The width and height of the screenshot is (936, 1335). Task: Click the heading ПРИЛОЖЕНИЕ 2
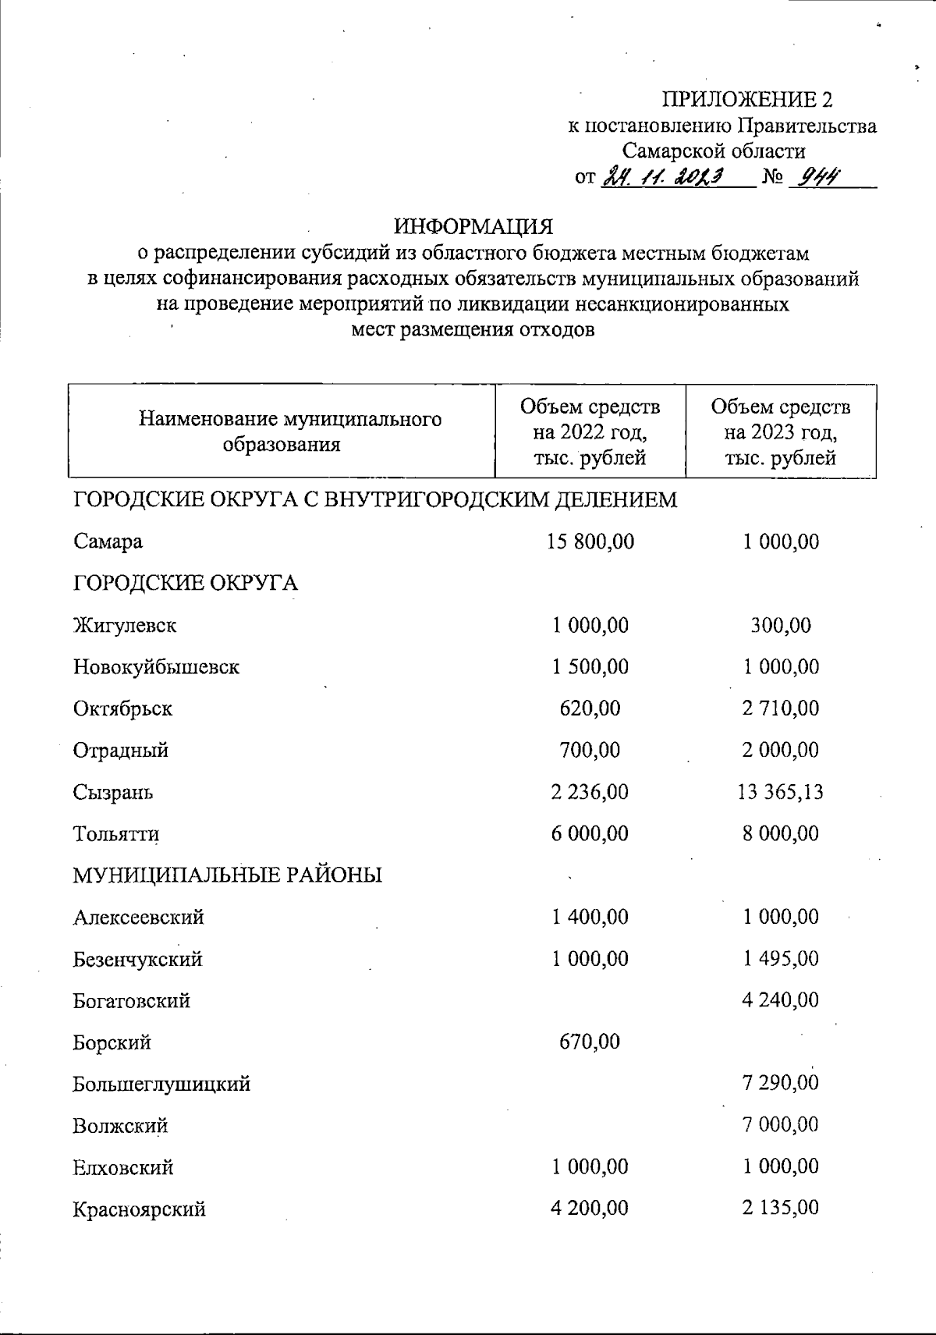(747, 99)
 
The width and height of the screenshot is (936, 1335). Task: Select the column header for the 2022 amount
(590, 431)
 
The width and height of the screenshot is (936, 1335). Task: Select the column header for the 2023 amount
(780, 431)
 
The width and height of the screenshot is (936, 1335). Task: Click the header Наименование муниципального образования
(290, 431)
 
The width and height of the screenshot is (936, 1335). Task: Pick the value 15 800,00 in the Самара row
(590, 541)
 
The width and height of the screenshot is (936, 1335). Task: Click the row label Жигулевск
(125, 625)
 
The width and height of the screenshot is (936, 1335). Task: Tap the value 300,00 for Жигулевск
(780, 625)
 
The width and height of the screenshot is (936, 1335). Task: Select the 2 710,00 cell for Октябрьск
(780, 708)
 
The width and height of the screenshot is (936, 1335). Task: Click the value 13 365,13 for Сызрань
(780, 792)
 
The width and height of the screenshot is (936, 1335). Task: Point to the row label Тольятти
(117, 833)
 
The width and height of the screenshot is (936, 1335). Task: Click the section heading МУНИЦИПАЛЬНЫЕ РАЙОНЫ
(228, 875)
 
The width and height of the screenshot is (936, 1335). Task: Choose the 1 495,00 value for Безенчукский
(780, 959)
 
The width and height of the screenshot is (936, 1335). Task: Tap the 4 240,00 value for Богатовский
(780, 1000)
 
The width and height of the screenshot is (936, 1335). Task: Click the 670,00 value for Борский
(590, 1042)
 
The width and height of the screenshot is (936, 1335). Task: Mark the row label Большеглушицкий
(161, 1084)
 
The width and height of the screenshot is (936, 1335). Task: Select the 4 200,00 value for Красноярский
(590, 1209)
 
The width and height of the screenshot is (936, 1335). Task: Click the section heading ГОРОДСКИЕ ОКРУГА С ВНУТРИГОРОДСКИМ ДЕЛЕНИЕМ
(375, 499)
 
